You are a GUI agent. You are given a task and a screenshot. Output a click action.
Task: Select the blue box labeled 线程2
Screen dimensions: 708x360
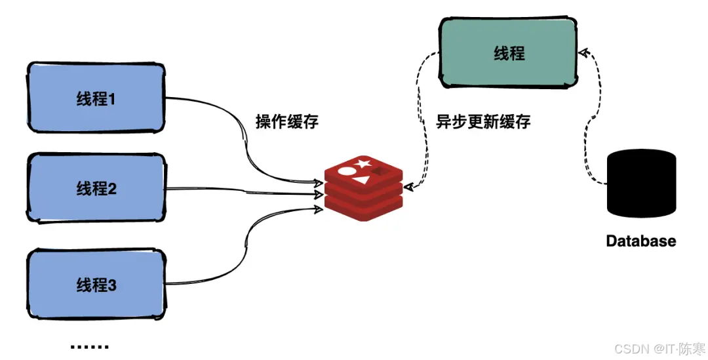click(x=96, y=189)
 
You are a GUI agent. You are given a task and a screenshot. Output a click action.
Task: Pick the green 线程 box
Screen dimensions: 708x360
click(x=509, y=53)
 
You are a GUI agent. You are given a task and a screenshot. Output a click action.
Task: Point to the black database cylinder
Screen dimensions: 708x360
click(x=641, y=183)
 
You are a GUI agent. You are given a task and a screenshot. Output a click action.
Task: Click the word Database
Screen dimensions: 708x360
click(x=640, y=241)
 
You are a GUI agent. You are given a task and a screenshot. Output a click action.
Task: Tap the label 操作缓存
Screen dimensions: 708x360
click(x=286, y=121)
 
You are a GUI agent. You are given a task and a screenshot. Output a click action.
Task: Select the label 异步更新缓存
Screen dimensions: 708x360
click(x=483, y=121)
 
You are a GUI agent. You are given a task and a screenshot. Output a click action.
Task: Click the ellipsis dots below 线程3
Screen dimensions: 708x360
click(x=88, y=347)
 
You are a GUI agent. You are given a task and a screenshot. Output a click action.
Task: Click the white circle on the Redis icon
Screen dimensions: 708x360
click(x=347, y=172)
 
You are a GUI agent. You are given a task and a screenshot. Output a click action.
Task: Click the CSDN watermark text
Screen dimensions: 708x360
click(x=656, y=348)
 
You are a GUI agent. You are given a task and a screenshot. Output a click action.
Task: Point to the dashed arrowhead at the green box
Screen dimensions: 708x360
click(x=583, y=52)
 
